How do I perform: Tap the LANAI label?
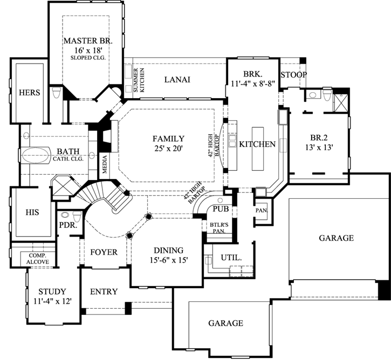click(177, 80)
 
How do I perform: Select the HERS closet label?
click(30, 93)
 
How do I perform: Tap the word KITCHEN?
click(258, 144)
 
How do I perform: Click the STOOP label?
click(294, 74)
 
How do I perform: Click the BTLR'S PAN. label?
click(218, 226)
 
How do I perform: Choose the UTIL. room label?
click(231, 258)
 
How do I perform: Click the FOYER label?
click(104, 252)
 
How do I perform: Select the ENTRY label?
click(104, 292)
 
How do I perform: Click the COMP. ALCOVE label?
click(38, 258)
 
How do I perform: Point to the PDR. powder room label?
click(66, 226)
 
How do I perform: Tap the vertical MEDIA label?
click(104, 170)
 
